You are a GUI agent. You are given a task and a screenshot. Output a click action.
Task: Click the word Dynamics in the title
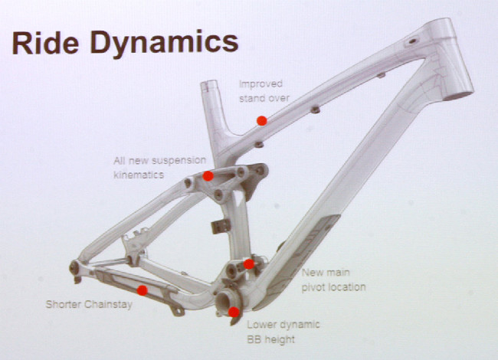(164, 44)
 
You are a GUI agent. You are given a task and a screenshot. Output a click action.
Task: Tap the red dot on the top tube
(262, 120)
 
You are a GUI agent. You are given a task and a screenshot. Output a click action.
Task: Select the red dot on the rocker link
(208, 176)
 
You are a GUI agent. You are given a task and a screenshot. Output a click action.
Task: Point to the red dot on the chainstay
(143, 290)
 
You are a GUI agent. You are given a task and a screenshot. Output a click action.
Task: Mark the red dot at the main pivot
(249, 263)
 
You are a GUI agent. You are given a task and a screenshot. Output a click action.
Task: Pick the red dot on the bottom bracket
(234, 312)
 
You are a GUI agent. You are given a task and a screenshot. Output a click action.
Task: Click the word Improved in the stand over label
(260, 84)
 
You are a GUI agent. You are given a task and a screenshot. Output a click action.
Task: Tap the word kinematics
(139, 175)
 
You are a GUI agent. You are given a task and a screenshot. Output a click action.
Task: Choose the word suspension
(179, 161)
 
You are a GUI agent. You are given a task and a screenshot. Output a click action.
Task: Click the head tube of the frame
(449, 59)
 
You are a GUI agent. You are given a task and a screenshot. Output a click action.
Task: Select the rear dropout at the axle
(74, 268)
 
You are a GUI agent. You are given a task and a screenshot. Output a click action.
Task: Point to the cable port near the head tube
(412, 41)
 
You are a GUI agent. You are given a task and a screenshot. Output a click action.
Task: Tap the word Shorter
(64, 304)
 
